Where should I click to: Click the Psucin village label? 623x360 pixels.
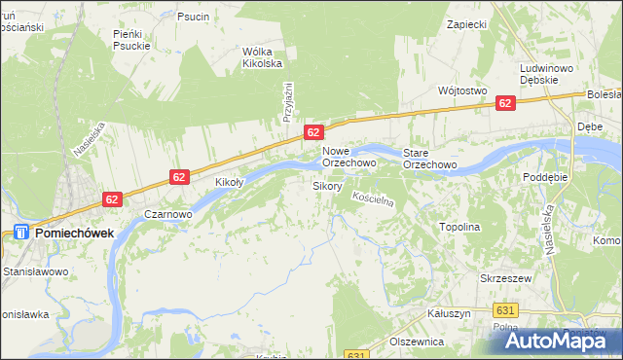(194, 17)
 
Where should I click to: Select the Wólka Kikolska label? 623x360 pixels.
(262, 57)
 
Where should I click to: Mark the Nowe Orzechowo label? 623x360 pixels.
(349, 158)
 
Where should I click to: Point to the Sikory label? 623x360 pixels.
(326, 185)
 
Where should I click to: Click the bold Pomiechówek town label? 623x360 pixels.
(74, 234)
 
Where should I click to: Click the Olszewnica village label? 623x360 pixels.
(417, 342)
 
